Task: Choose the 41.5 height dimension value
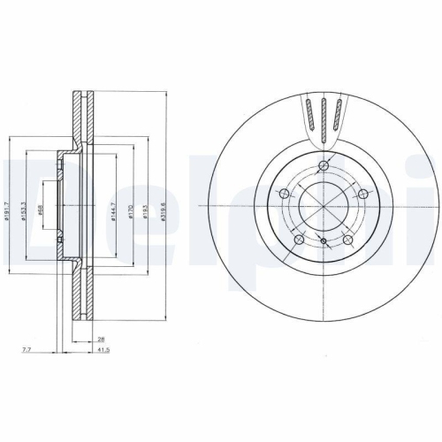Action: point(104,351)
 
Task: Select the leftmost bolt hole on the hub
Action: point(283,194)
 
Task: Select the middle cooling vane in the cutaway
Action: point(324,115)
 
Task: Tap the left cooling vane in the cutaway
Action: point(310,113)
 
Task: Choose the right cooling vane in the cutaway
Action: point(337,113)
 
